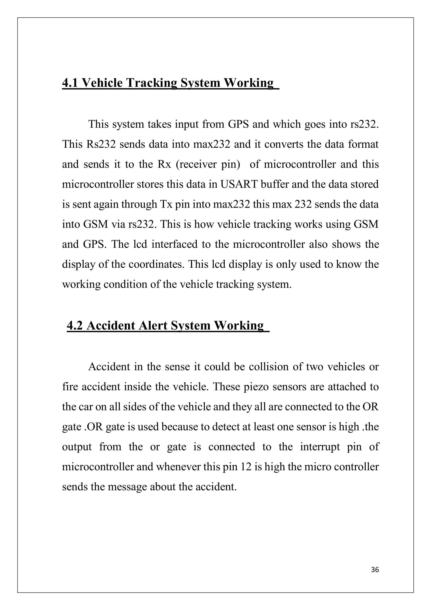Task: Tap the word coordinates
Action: [156, 264]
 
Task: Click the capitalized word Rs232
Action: [101, 145]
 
